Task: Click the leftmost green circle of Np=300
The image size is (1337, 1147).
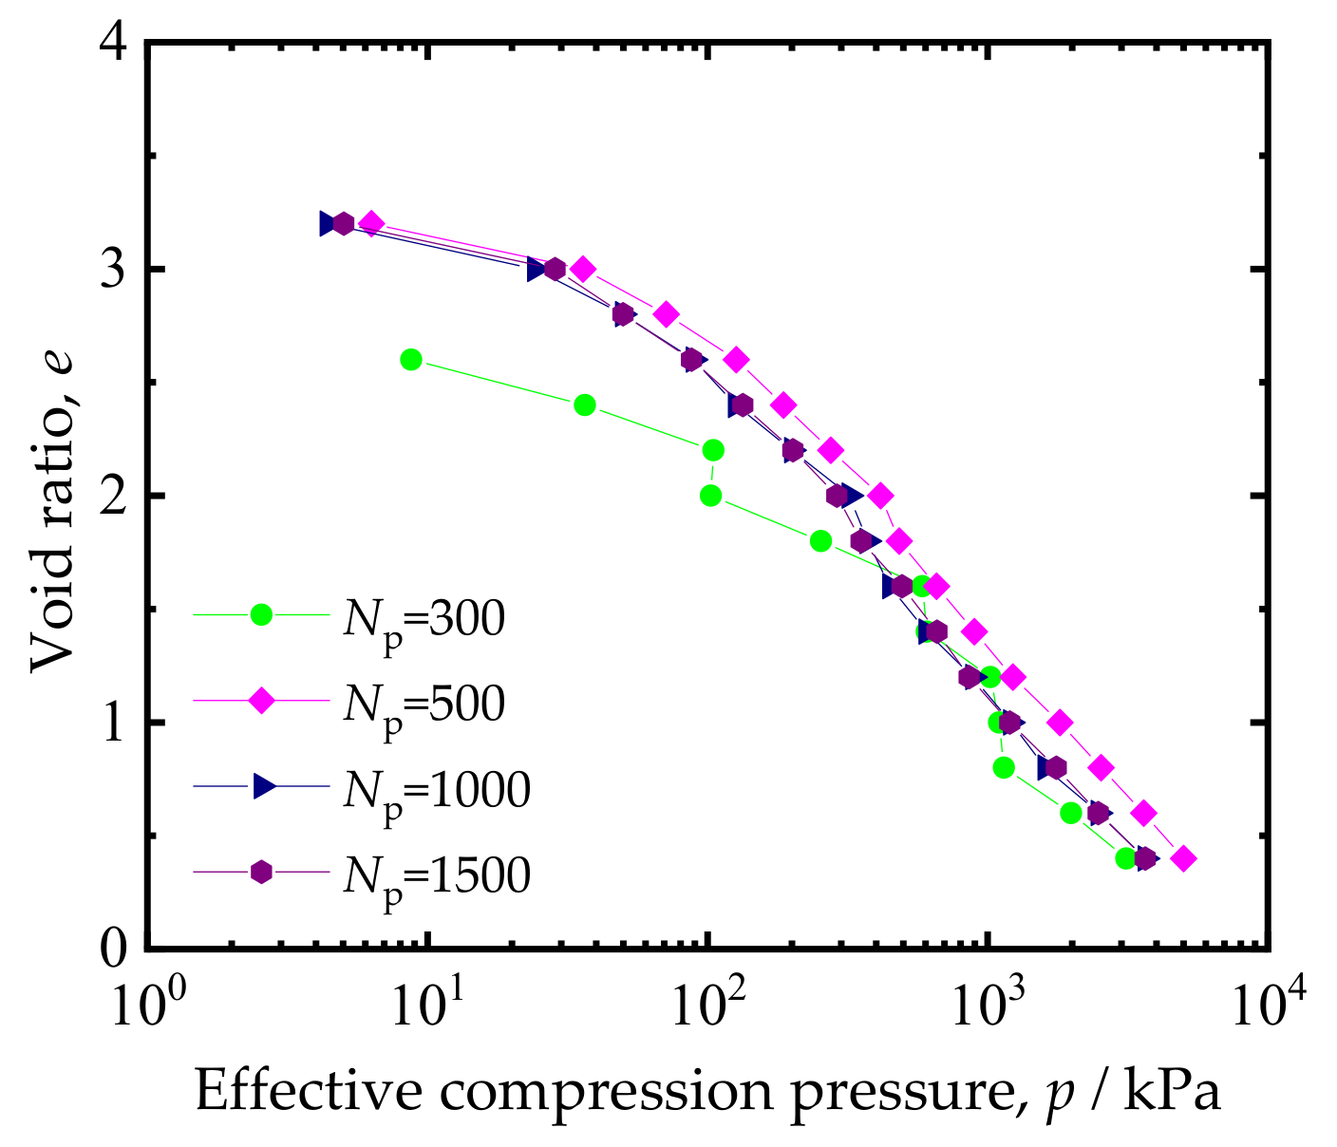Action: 411,359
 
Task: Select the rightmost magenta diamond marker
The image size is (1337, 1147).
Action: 1183,858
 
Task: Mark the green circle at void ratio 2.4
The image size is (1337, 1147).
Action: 585,404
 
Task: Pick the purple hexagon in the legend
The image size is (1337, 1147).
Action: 261,872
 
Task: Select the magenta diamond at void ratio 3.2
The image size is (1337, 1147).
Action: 371,224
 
